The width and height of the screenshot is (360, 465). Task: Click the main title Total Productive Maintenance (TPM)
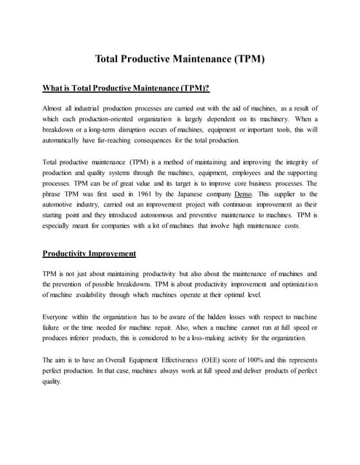click(180, 59)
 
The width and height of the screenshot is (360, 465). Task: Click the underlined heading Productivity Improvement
click(89, 254)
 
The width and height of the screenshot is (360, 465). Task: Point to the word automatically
click(67, 140)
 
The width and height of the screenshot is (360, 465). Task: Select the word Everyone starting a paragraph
click(59, 318)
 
